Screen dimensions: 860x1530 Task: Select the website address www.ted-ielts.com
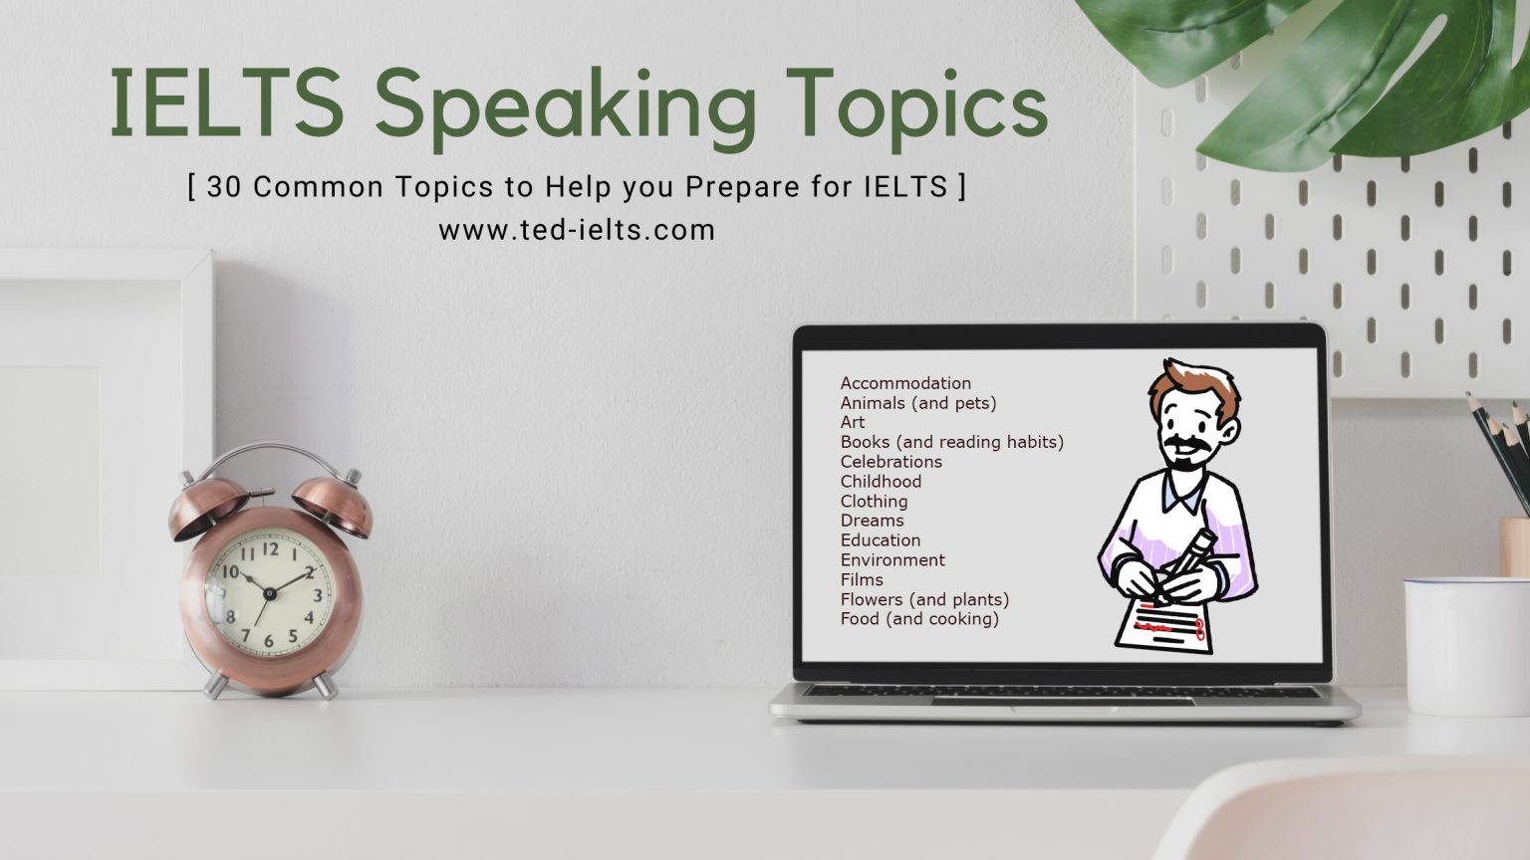tap(577, 230)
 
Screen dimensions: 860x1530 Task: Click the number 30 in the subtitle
tap(224, 187)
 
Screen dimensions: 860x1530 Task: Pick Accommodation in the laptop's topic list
tap(904, 383)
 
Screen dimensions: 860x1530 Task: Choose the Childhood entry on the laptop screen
tap(881, 482)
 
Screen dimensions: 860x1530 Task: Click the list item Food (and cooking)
tap(918, 619)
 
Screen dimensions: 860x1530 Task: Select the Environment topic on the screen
tap(892, 560)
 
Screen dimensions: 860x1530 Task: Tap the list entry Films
tap(862, 580)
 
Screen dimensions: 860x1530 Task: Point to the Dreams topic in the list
tap(872, 521)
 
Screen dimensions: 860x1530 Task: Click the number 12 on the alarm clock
tap(270, 548)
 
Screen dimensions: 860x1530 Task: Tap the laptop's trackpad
tap(1063, 702)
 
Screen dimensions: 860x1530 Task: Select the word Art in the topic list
tap(852, 423)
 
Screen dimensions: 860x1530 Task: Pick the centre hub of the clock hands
tap(269, 593)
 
